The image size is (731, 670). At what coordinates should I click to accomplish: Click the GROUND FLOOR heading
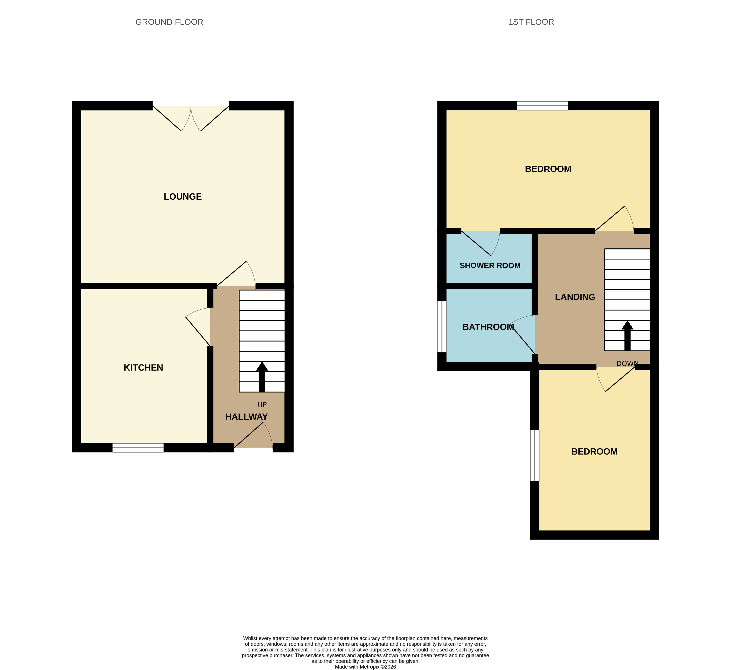coord(169,22)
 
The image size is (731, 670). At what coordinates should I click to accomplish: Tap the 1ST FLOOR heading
coord(531,22)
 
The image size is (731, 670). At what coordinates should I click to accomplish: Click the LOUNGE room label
coord(183,197)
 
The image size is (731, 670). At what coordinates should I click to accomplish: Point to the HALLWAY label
coord(247,417)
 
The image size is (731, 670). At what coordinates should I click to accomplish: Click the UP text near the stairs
coord(262,405)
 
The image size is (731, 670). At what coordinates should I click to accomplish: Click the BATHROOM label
coord(488,327)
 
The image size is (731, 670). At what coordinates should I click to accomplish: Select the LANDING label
coord(575,297)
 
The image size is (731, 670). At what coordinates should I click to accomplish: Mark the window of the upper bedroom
coord(542,105)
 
